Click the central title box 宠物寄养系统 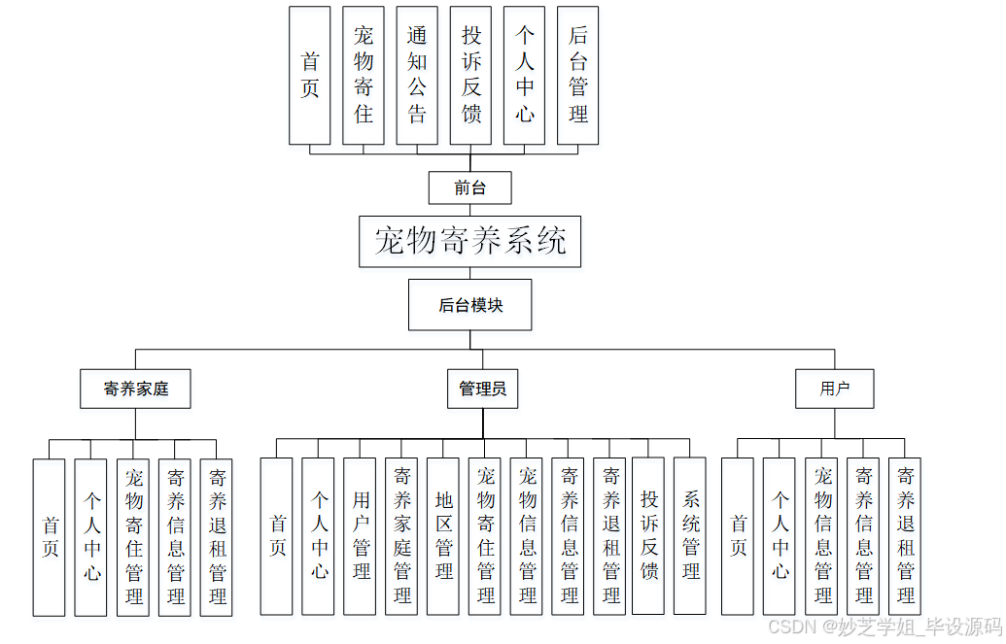tap(469, 241)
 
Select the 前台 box tap(469, 187)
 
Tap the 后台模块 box tap(470, 305)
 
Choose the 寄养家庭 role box tap(135, 389)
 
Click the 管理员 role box tap(482, 389)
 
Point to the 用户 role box tap(834, 389)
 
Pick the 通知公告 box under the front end tap(417, 76)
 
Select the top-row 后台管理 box tap(577, 76)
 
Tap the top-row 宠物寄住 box tap(364, 76)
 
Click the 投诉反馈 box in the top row tap(470, 76)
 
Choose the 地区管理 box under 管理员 tap(443, 536)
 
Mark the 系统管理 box tap(690, 536)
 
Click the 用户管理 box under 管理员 tap(361, 536)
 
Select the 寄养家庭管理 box tap(401, 536)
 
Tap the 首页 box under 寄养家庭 tap(49, 537)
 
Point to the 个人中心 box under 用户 tap(780, 537)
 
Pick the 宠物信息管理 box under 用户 tap(822, 537)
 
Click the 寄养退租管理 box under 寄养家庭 tap(217, 537)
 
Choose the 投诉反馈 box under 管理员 tap(648, 536)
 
